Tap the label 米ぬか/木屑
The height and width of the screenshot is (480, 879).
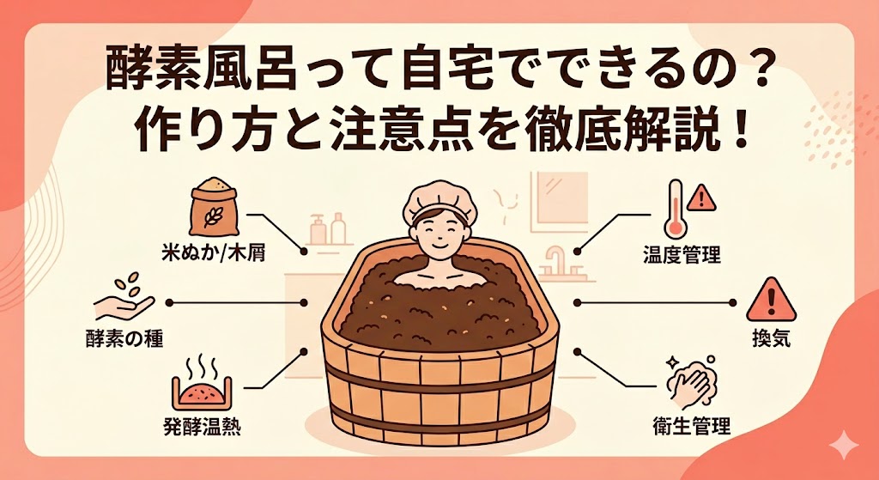tap(213, 254)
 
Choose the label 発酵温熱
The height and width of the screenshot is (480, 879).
tap(203, 428)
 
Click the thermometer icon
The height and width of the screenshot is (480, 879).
tap(675, 210)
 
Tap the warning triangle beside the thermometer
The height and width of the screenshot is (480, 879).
tap(701, 198)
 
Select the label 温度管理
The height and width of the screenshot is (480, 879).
tap(682, 256)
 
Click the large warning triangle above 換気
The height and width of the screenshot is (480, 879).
tap(771, 301)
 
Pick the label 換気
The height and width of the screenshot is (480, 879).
tap(772, 338)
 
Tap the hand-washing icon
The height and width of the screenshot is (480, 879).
tap(691, 382)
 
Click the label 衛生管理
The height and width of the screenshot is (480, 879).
tap(692, 426)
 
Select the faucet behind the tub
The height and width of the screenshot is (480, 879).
tap(555, 261)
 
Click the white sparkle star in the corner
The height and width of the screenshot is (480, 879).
tap(843, 446)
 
